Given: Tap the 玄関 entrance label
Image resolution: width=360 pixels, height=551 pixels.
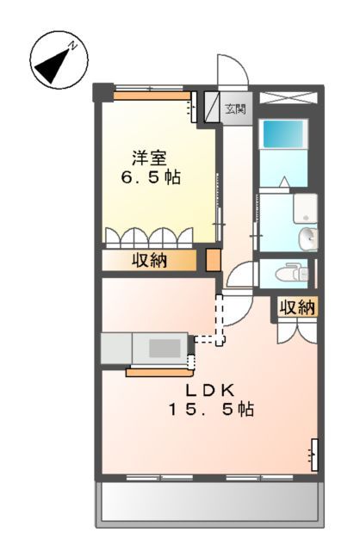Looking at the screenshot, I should click(x=235, y=109).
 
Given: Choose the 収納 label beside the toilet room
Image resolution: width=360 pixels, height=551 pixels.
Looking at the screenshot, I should click(x=297, y=307).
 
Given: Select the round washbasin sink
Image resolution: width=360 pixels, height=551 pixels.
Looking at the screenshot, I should click(x=307, y=238).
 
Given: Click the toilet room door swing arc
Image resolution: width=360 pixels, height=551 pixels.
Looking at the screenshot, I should click(x=244, y=276).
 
